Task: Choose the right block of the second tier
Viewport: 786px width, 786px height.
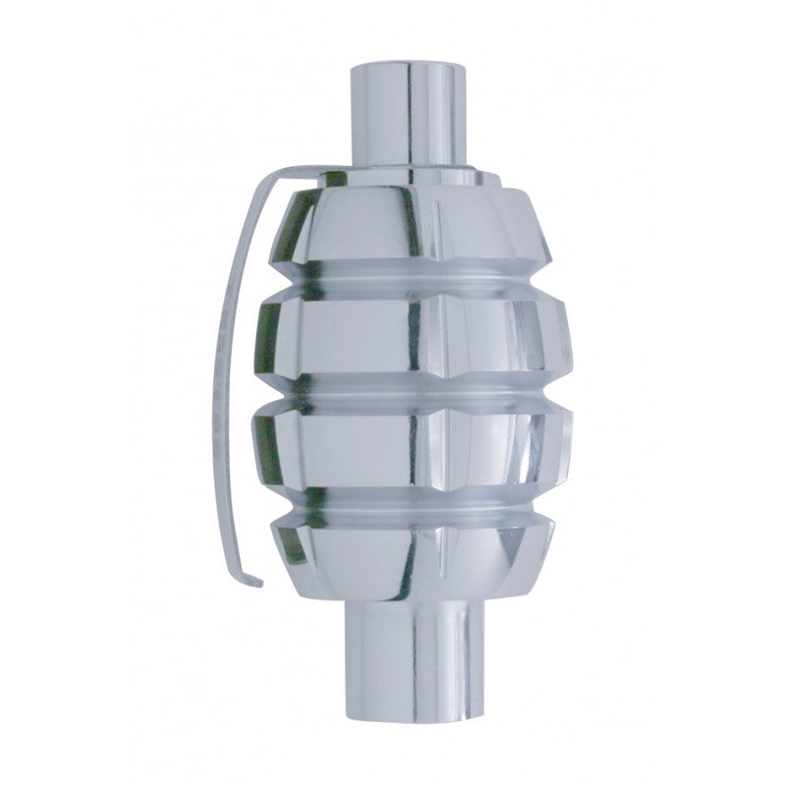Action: pyautogui.click(x=501, y=339)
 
